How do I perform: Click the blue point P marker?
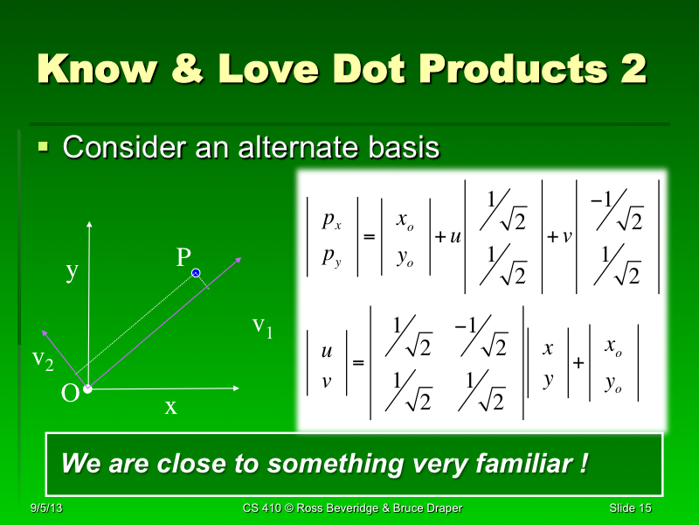(x=197, y=274)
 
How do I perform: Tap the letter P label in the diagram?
(x=183, y=257)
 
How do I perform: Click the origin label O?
(x=70, y=394)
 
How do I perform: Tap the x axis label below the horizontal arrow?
(x=170, y=406)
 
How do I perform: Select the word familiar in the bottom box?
(x=513, y=463)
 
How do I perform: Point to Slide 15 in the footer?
(x=632, y=508)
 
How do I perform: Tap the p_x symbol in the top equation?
(x=331, y=221)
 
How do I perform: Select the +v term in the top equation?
(x=559, y=236)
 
